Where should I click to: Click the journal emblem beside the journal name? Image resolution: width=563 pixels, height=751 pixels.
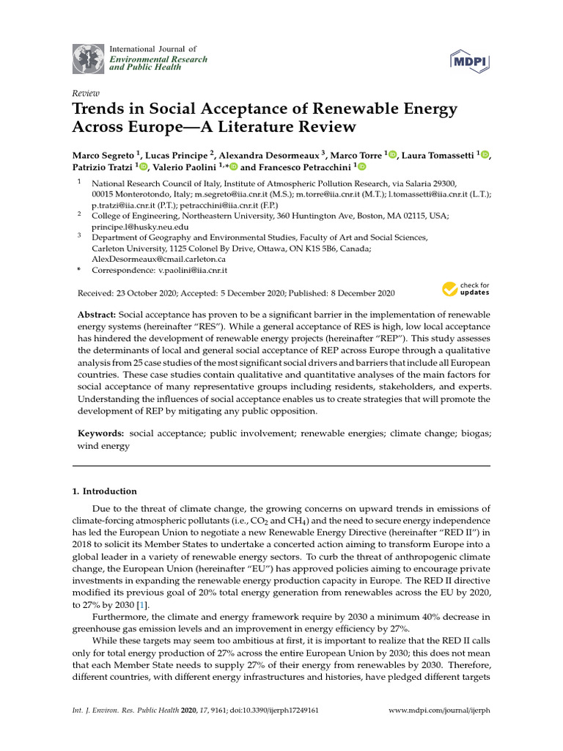pos(88,59)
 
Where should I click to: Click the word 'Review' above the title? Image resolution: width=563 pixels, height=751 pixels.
pos(85,94)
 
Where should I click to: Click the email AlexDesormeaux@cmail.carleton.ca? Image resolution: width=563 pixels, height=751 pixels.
pos(158,259)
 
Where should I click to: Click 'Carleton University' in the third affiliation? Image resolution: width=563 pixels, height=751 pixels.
pos(129,249)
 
